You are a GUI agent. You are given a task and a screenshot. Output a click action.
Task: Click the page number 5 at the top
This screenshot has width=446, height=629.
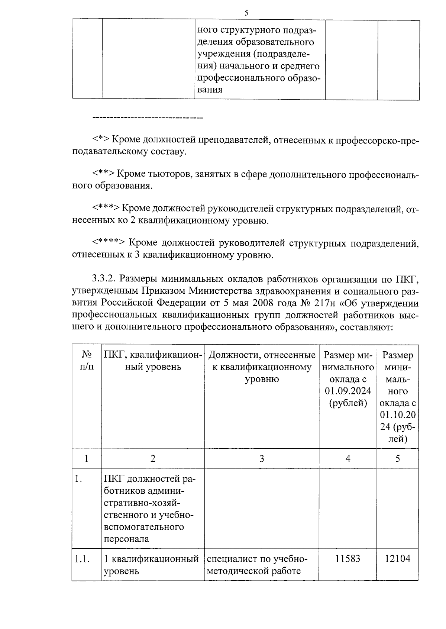246,13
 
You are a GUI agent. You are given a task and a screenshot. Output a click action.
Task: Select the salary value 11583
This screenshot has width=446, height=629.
348,559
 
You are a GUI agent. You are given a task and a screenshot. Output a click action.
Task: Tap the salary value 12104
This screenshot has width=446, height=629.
397,559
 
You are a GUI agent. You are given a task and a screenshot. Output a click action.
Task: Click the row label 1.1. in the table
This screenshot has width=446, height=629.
82,559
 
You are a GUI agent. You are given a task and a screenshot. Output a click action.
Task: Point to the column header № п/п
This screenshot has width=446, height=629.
87,361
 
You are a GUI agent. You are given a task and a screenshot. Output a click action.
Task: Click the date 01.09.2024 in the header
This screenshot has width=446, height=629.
348,391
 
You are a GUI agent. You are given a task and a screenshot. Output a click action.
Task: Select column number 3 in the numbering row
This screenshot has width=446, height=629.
262,458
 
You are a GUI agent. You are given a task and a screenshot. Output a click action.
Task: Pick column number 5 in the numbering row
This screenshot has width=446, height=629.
397,458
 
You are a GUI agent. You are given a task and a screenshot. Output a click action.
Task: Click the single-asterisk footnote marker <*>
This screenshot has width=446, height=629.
101,140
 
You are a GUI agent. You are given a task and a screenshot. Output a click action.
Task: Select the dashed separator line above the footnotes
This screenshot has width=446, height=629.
147,118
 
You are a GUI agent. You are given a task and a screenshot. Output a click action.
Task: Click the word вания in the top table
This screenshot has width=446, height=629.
210,90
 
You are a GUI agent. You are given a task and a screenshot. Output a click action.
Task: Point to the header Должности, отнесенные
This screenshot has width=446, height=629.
262,355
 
